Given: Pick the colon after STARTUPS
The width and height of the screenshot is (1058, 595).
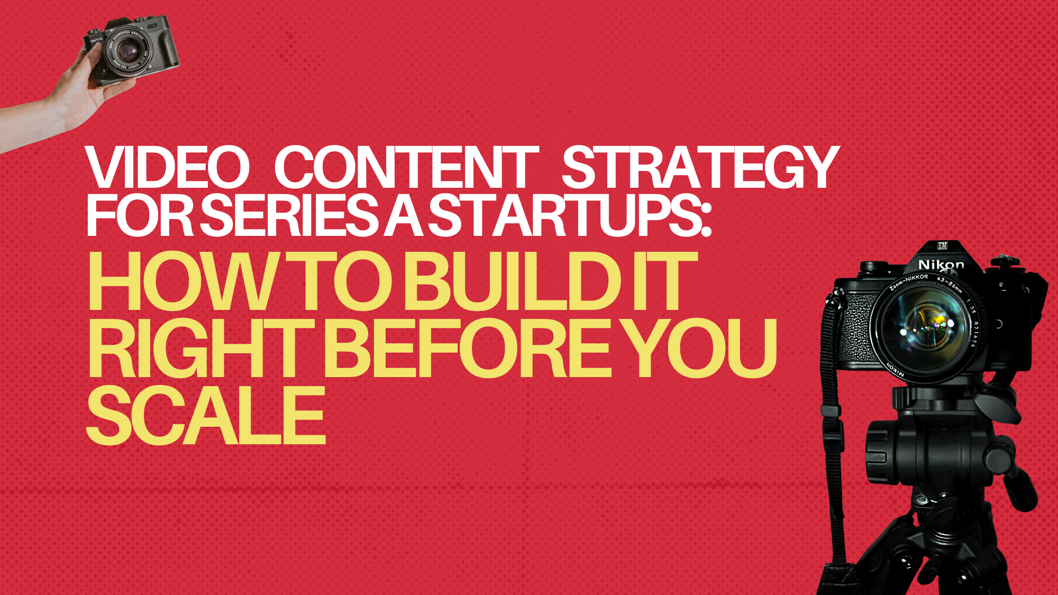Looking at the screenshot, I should click(x=705, y=219).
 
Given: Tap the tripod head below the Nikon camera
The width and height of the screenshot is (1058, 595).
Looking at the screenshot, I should click(x=931, y=444).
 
